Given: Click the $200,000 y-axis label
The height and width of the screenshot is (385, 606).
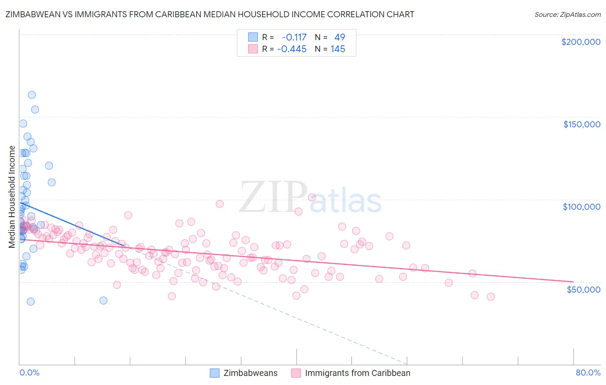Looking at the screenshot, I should coord(581,42).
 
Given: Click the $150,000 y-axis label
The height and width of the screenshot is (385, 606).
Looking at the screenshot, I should coord(581,124).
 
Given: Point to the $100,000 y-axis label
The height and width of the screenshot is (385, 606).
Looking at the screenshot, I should coord(581,207).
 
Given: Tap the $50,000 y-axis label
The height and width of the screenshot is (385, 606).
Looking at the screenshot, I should coord(583,289).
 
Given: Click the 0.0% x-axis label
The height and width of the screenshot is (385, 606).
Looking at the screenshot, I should coord(29,372).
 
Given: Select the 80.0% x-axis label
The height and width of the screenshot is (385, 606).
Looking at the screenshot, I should coord(588,372).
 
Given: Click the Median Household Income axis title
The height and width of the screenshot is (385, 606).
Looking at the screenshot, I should coord(12,197).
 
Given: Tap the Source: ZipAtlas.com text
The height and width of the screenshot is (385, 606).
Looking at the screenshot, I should coord(567,14).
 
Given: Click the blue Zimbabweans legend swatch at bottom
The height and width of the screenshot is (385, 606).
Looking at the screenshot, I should coord(215,373).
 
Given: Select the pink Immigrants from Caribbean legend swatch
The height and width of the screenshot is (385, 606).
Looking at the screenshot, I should coord(296,373).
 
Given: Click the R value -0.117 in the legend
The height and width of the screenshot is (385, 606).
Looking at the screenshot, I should coord(294,37).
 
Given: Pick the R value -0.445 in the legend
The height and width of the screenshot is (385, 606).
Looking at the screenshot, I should coord(292,49).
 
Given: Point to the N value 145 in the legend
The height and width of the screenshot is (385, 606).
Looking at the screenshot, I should coord(338,49).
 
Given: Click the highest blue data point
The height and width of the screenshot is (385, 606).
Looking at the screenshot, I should coord(31,95).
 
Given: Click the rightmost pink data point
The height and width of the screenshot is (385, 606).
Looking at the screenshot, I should coord(490,297).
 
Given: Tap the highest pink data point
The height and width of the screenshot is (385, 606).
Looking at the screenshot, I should coord(312,197).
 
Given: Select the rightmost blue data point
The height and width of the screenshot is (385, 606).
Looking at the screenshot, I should coord(103,300).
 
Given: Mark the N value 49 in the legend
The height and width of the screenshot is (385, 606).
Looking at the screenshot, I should coord(340,37).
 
